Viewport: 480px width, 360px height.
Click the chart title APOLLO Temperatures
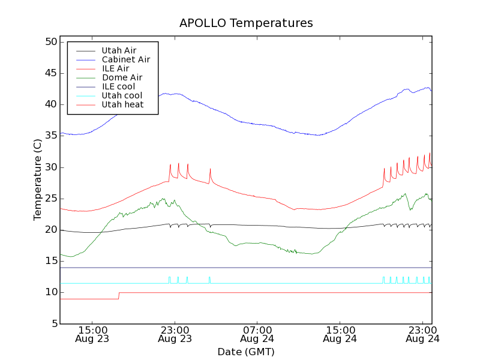(246, 23)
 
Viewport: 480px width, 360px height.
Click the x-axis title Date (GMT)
(245, 352)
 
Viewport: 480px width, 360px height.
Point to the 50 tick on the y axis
(50, 42)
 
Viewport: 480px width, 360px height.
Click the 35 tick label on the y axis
(50, 136)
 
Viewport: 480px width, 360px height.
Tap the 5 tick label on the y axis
(53, 323)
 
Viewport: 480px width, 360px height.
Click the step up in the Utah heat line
(119, 295)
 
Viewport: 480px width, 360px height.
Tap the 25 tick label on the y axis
(50, 198)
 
